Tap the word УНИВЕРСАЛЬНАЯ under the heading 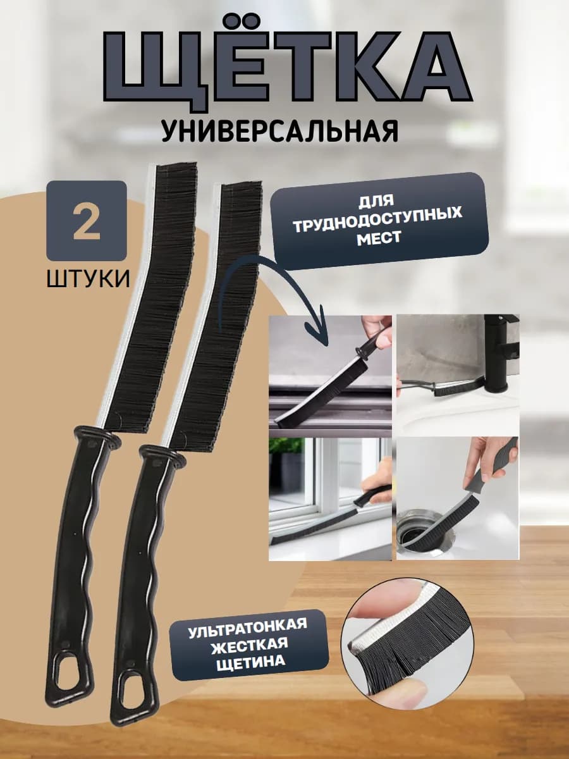279,130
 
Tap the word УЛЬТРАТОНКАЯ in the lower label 248,626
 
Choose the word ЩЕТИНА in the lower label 248,662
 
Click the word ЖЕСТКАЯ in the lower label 248,644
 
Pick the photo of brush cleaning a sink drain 457,498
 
